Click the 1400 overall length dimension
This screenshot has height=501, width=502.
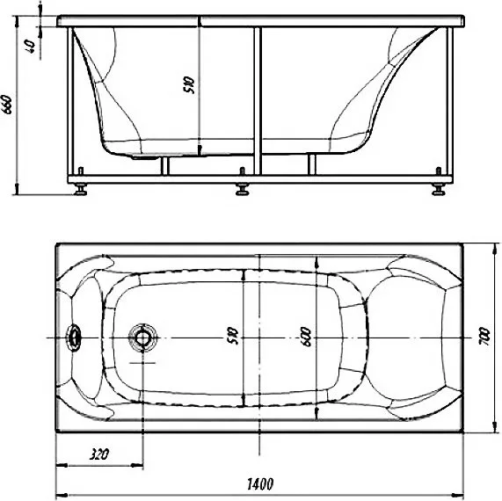(260, 483)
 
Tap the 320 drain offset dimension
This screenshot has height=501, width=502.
(99, 454)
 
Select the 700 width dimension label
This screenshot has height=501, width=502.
(484, 336)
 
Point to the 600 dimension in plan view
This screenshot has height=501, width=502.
(306, 337)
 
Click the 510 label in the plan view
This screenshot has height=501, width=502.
(233, 336)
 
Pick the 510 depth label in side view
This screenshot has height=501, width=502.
(188, 85)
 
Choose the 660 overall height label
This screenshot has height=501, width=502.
(7, 105)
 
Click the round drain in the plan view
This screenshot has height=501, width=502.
(142, 338)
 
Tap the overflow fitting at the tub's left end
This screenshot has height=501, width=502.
(74, 338)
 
